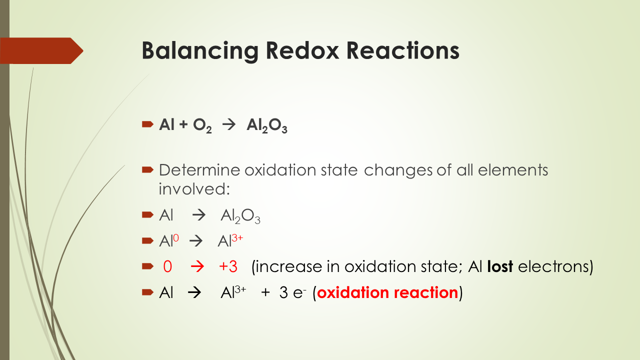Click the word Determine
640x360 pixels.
click(x=199, y=170)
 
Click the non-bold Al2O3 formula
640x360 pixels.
click(x=240, y=216)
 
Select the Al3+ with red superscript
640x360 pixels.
click(x=230, y=241)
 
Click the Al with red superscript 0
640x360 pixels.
click(x=168, y=241)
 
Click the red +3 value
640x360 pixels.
click(x=228, y=266)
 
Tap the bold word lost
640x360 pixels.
click(x=500, y=266)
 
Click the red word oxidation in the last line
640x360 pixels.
click(x=352, y=292)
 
